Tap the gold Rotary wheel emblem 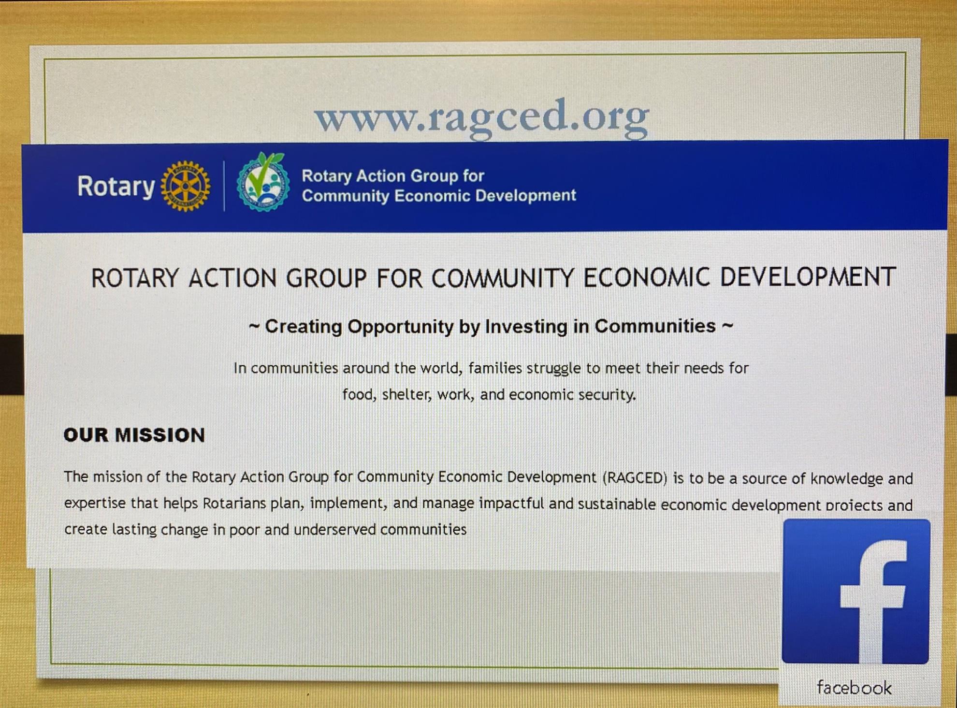(186, 186)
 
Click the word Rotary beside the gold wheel (116, 187)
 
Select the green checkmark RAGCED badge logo (263, 182)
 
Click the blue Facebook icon (856, 591)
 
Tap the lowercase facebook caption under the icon (854, 687)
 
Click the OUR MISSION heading (134, 435)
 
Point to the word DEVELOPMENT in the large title (808, 277)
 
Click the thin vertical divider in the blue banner (224, 186)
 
